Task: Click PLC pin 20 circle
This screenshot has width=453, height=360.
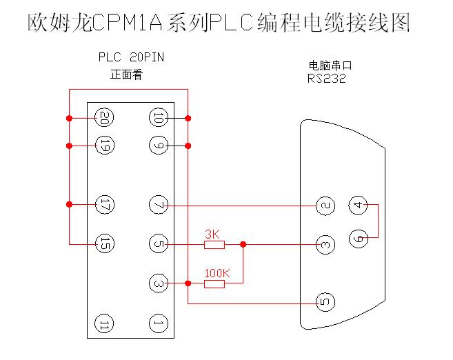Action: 104,117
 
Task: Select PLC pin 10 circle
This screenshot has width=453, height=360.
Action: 158,118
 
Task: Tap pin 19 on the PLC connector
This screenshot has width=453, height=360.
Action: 104,146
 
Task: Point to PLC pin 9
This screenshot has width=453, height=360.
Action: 158,146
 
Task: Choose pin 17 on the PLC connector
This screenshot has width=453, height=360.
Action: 104,205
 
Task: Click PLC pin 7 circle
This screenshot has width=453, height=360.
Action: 158,205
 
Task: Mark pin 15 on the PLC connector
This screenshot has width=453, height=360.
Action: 104,243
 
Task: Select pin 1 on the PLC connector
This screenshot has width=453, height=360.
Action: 158,322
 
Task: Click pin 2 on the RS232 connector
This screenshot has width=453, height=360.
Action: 325,205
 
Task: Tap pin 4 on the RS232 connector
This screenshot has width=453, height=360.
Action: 356,205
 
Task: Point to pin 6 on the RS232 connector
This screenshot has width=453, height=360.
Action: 356,237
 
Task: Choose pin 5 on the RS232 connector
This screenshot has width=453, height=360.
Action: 325,302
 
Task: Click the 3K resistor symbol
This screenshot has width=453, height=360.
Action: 214,244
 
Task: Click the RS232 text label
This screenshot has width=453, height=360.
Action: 327,79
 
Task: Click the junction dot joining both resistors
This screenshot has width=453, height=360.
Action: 243,244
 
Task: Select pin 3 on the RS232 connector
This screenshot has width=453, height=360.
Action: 325,244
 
